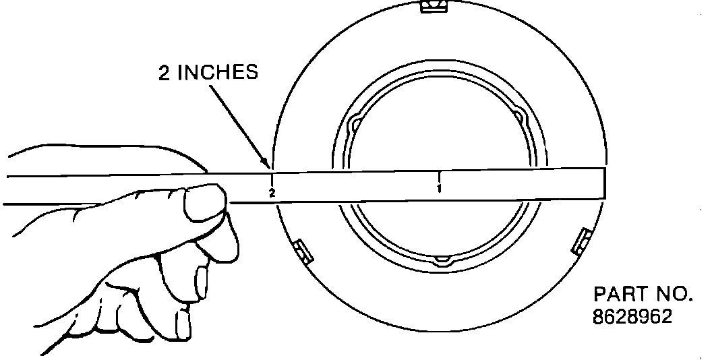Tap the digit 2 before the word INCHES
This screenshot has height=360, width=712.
(164, 73)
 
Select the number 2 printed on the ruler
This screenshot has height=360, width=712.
(272, 193)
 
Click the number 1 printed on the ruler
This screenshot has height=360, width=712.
(439, 187)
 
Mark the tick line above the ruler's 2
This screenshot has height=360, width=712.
(271, 180)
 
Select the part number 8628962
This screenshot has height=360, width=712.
(632, 316)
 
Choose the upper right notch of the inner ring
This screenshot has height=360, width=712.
(520, 117)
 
